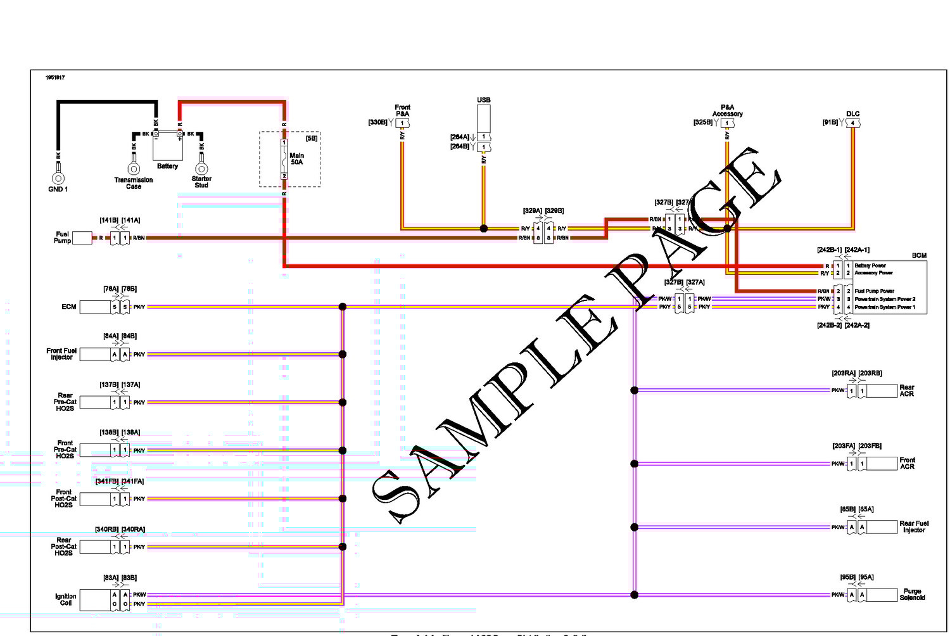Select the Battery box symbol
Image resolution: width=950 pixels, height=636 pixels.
point(168,146)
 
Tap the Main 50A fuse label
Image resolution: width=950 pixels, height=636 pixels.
point(296,158)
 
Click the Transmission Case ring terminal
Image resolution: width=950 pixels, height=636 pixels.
point(134,169)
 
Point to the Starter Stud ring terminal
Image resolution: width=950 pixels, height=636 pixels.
point(201,169)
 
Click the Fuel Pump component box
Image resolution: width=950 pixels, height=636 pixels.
point(82,238)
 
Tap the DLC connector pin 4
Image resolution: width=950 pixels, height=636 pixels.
point(853,124)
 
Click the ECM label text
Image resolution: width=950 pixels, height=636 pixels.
point(69,307)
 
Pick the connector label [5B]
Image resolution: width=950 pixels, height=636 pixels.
point(312,138)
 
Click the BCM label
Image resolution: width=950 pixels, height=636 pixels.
point(919,255)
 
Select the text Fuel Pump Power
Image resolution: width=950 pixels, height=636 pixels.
point(874,291)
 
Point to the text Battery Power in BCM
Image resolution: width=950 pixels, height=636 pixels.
point(870,265)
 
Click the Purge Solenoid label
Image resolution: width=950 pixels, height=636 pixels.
point(912,594)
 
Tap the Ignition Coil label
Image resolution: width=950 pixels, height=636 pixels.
point(65,599)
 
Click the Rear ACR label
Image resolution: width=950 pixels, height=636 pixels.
point(907,390)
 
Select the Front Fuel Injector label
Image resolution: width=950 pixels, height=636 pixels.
point(61,353)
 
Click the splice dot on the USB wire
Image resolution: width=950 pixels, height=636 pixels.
point(484,229)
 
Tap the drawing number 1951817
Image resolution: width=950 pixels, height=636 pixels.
point(55,78)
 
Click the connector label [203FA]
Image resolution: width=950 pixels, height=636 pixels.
point(844,446)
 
